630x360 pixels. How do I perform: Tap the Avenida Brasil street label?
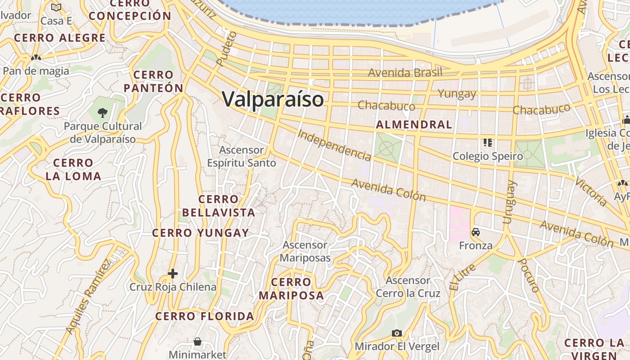pos(405,72)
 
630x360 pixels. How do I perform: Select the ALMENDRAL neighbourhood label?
pos(414,125)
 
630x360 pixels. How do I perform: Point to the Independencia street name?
pos(334,145)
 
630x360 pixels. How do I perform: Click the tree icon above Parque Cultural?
pos(103,112)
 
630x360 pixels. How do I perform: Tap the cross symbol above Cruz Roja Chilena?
pos(173,274)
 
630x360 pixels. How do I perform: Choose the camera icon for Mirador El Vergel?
pos(396,333)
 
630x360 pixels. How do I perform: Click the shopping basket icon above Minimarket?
pos(198,342)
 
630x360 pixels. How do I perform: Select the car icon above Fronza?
pos(476,233)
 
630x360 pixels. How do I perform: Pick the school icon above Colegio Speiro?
pos(487,143)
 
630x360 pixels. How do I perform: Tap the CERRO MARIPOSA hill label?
pos(291,289)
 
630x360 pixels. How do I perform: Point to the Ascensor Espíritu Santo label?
pos(242,156)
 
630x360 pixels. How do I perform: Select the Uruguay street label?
pos(508,202)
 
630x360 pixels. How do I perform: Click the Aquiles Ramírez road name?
pos(89,297)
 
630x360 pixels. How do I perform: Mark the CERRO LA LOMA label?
pos(73,170)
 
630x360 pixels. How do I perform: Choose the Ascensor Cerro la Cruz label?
pos(408,287)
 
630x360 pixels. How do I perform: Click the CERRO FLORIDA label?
pos(205,316)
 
